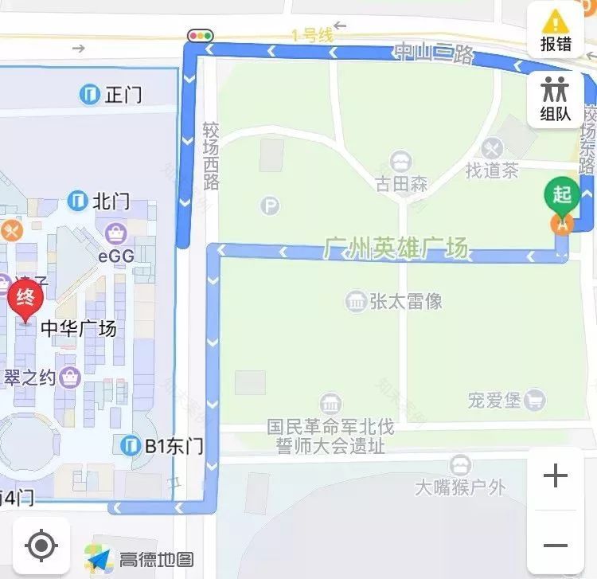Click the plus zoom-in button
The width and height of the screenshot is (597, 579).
[555, 477]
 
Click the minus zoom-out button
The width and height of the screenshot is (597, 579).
[555, 546]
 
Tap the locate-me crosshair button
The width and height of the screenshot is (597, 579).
[41, 546]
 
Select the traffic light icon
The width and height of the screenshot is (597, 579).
[201, 36]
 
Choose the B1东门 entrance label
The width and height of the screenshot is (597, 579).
[174, 446]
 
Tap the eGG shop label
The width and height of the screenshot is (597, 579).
[116, 256]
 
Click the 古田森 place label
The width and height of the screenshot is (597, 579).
[402, 184]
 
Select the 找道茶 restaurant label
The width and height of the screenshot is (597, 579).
[493, 170]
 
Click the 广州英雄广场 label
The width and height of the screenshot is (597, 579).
[396, 248]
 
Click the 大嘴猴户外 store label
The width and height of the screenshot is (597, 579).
[460, 485]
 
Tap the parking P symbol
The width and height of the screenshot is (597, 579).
[271, 206]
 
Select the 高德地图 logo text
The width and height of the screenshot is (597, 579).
[156, 559]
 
